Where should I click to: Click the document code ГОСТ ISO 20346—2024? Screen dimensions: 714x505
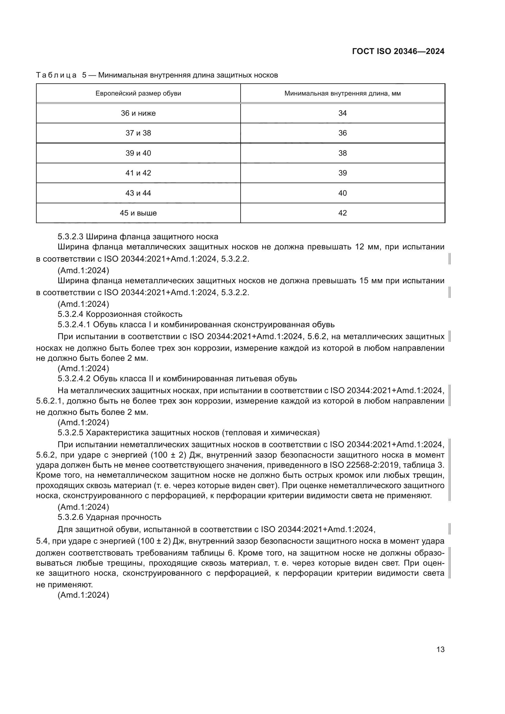pyautogui.click(x=398, y=52)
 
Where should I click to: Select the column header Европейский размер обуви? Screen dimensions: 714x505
pyautogui.click(x=138, y=93)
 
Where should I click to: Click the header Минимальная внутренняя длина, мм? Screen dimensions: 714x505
pyautogui.click(x=342, y=93)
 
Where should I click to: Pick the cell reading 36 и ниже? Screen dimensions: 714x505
pyautogui.click(x=138, y=113)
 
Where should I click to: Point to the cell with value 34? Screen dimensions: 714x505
pyautogui.click(x=342, y=113)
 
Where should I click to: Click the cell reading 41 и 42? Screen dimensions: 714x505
pyautogui.click(x=138, y=173)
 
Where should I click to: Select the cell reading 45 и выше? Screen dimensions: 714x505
pyautogui.click(x=138, y=213)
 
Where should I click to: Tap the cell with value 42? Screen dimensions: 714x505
pyautogui.click(x=342, y=213)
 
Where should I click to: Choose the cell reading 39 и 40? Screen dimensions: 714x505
pyautogui.click(x=138, y=153)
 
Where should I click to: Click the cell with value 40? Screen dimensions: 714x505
pyautogui.click(x=342, y=193)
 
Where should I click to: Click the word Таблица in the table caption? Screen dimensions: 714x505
pyautogui.click(x=56, y=75)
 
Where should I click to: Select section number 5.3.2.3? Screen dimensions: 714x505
pyautogui.click(x=70, y=237)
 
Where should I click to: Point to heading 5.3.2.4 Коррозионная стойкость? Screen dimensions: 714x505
pyautogui.click(x=120, y=314)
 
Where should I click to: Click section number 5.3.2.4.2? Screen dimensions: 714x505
pyautogui.click(x=74, y=379)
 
